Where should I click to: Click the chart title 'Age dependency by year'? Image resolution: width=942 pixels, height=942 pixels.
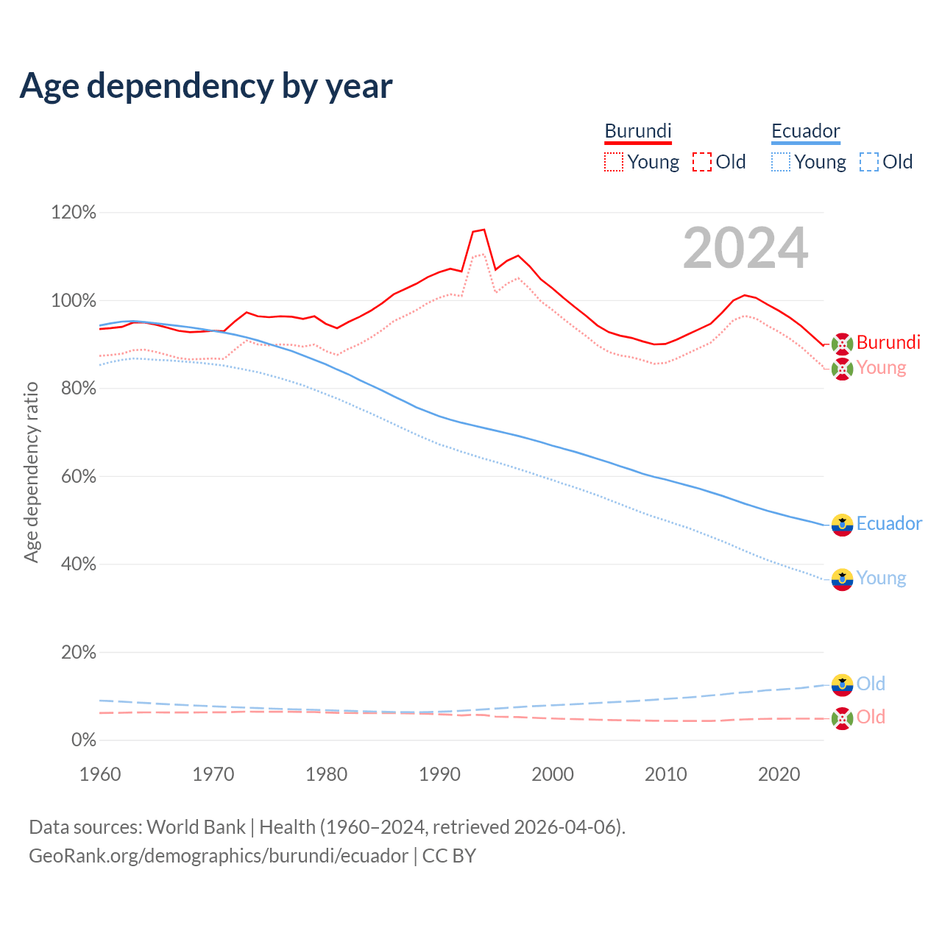tap(206, 86)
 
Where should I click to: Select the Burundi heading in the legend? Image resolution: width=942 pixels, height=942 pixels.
tap(638, 131)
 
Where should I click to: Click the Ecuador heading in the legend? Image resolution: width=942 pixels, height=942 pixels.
tap(805, 131)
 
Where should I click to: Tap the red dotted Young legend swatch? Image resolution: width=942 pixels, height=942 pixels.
tap(614, 162)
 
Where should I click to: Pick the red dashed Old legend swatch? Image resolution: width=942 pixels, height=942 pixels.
tap(702, 162)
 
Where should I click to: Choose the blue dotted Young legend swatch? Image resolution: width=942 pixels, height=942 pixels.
tap(781, 162)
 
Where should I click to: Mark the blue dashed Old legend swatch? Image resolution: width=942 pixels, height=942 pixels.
tap(869, 162)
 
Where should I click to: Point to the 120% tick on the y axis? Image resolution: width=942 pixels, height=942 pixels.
tap(74, 213)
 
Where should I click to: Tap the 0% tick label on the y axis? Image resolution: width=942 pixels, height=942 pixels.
tap(83, 740)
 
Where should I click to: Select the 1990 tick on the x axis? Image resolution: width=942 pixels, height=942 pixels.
tap(439, 774)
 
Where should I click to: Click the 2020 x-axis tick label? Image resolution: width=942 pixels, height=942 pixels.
tap(779, 774)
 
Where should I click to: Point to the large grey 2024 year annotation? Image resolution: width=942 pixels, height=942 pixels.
tap(746, 249)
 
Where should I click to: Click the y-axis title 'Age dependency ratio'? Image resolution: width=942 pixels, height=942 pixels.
tap(31, 472)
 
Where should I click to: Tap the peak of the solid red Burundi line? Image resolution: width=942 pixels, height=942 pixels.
tap(484, 230)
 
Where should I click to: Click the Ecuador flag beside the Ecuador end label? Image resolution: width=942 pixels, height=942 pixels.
tap(842, 525)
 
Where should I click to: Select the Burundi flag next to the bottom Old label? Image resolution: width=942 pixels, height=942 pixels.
tap(842, 718)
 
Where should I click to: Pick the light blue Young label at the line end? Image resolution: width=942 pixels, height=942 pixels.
tap(881, 578)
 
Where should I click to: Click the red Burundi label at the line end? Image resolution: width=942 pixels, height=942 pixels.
tap(888, 343)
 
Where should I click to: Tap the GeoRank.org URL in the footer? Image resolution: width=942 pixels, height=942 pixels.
tap(219, 856)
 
